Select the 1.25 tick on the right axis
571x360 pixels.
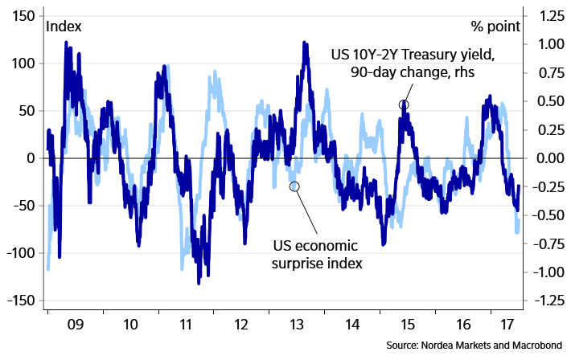coord(543,16)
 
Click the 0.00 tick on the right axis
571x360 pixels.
coord(543,158)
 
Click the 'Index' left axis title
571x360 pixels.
coord(64,27)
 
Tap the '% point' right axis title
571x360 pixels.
coord(495,27)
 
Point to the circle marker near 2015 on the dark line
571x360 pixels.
coord(404,104)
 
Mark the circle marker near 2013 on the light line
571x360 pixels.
coord(294,186)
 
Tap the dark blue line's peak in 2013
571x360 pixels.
coord(306,43)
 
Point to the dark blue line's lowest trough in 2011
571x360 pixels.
coord(199,282)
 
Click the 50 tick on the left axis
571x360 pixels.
coord(24,111)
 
